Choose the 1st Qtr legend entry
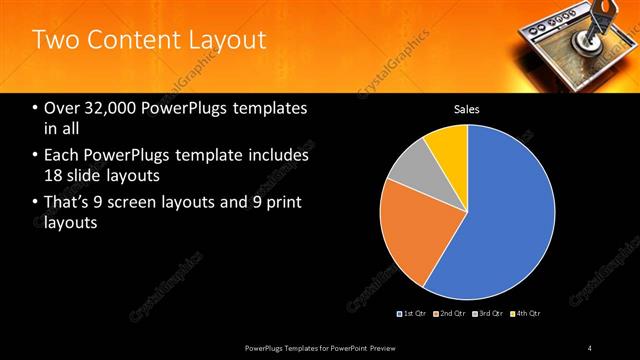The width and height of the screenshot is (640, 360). pos(413,313)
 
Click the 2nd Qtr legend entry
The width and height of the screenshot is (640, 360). pos(451,313)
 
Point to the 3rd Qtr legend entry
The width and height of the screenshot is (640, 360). pos(488,313)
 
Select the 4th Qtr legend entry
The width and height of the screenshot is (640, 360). pos(526,313)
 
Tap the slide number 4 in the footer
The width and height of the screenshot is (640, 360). pos(590,347)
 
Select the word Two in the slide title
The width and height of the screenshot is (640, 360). pos(53,40)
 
